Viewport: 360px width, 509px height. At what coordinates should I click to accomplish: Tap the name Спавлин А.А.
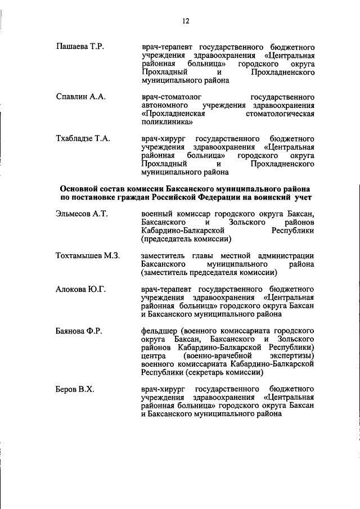click(x=81, y=97)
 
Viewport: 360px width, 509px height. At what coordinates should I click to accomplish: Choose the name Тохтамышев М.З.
click(x=88, y=256)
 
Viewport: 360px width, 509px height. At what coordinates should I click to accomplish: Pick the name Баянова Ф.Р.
click(x=79, y=331)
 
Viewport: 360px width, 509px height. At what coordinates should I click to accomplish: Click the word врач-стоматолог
click(x=169, y=97)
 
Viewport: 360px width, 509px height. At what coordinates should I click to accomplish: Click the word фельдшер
click(x=159, y=331)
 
